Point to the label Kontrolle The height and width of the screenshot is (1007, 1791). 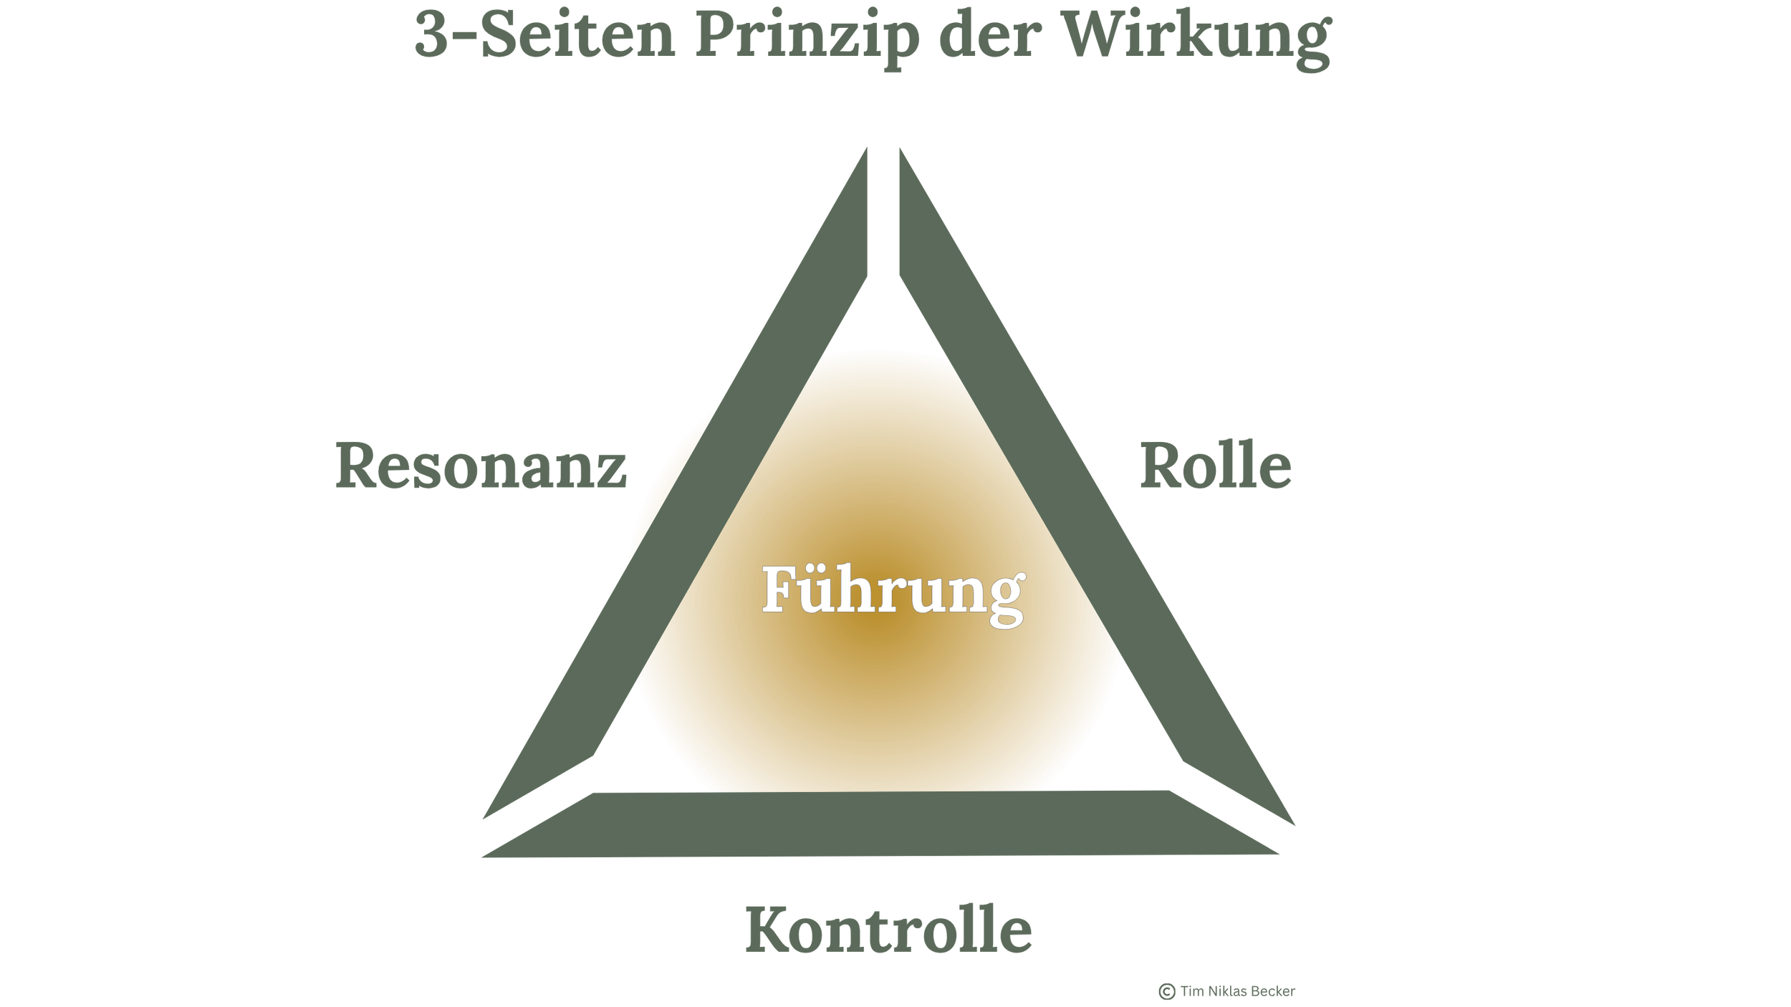coord(888,931)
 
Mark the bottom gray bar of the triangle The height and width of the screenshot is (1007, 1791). coord(888,824)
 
